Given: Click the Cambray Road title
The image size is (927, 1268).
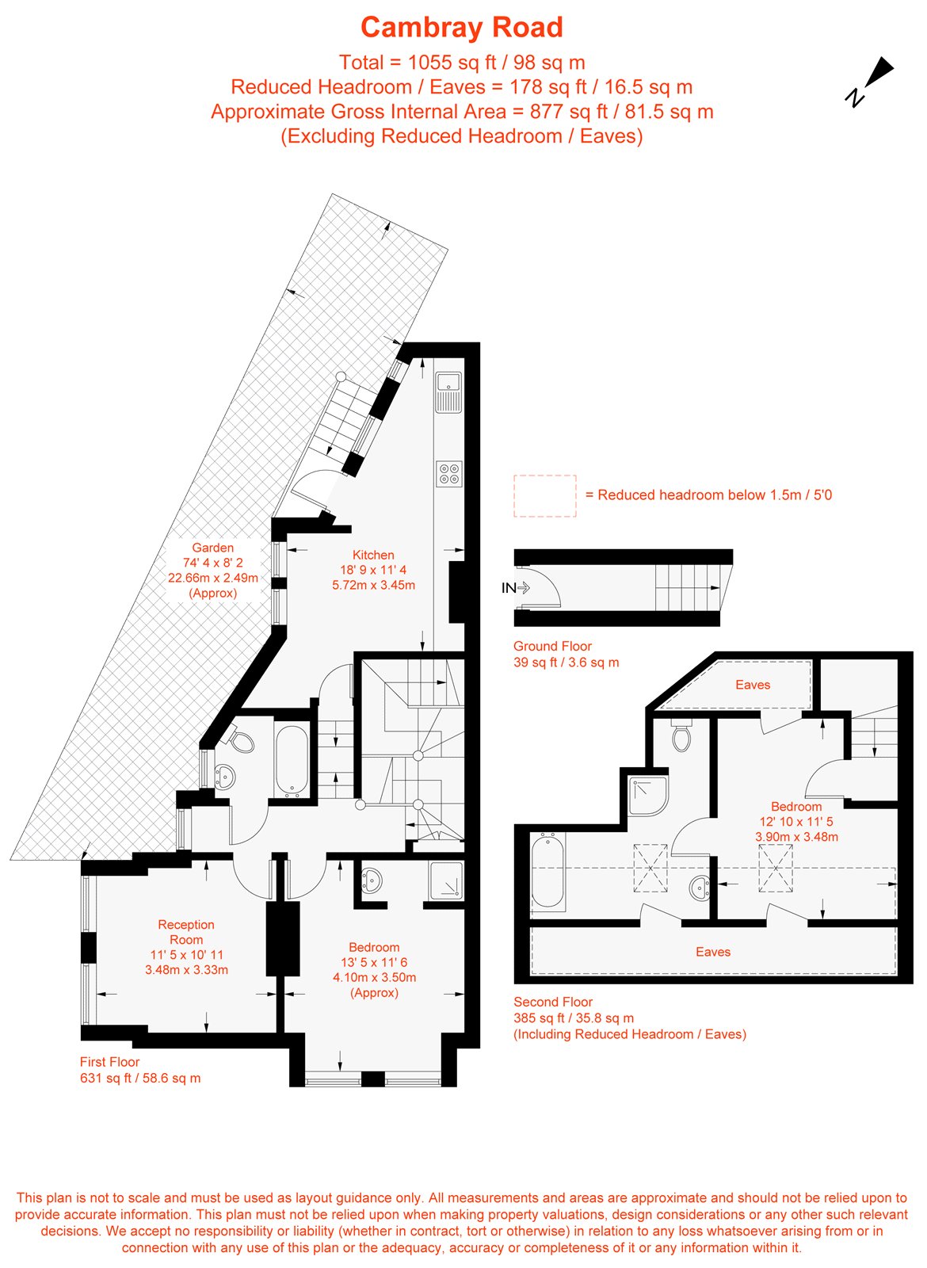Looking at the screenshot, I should [462, 28].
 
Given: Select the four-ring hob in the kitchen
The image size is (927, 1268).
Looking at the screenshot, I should [448, 474].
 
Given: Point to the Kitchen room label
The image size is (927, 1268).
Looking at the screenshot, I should [373, 556].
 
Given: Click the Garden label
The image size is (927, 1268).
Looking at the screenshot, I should [212, 548].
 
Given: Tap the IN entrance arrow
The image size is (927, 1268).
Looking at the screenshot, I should [516, 588].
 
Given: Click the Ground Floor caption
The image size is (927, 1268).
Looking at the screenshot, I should [552, 646].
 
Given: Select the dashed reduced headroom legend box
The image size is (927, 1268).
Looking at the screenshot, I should [544, 496].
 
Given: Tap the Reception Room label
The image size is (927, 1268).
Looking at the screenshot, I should [186, 932].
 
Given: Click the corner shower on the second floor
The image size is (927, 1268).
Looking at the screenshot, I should [649, 796].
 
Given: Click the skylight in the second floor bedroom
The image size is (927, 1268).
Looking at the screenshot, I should [776, 869].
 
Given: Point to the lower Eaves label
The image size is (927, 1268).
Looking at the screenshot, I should [713, 952].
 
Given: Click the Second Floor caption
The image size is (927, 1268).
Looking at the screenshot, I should [553, 1002].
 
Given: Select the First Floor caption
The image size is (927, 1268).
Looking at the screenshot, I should [109, 1062].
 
